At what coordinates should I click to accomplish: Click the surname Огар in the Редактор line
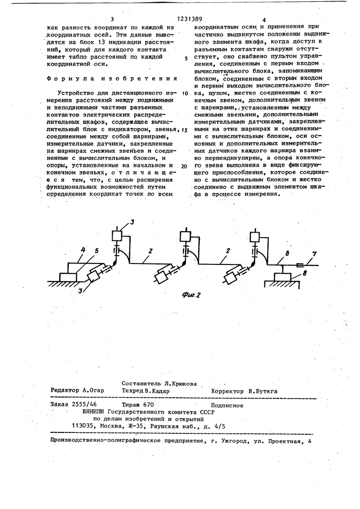(94, 390)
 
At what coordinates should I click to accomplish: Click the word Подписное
(227, 405)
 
